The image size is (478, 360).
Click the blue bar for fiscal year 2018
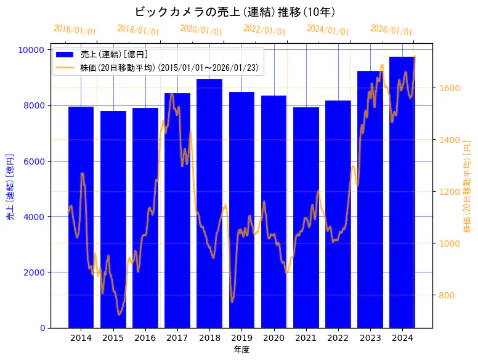(209, 203)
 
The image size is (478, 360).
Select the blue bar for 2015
(113, 219)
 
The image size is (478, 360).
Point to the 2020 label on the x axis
(273, 338)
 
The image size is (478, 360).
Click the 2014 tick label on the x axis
(81, 338)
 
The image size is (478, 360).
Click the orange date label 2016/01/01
(75, 30)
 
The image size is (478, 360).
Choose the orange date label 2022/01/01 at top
(264, 30)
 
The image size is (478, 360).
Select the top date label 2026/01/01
(391, 30)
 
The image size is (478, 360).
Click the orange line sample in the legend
(65, 67)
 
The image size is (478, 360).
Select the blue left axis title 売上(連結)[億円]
(10, 187)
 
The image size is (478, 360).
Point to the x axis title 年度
(241, 350)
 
